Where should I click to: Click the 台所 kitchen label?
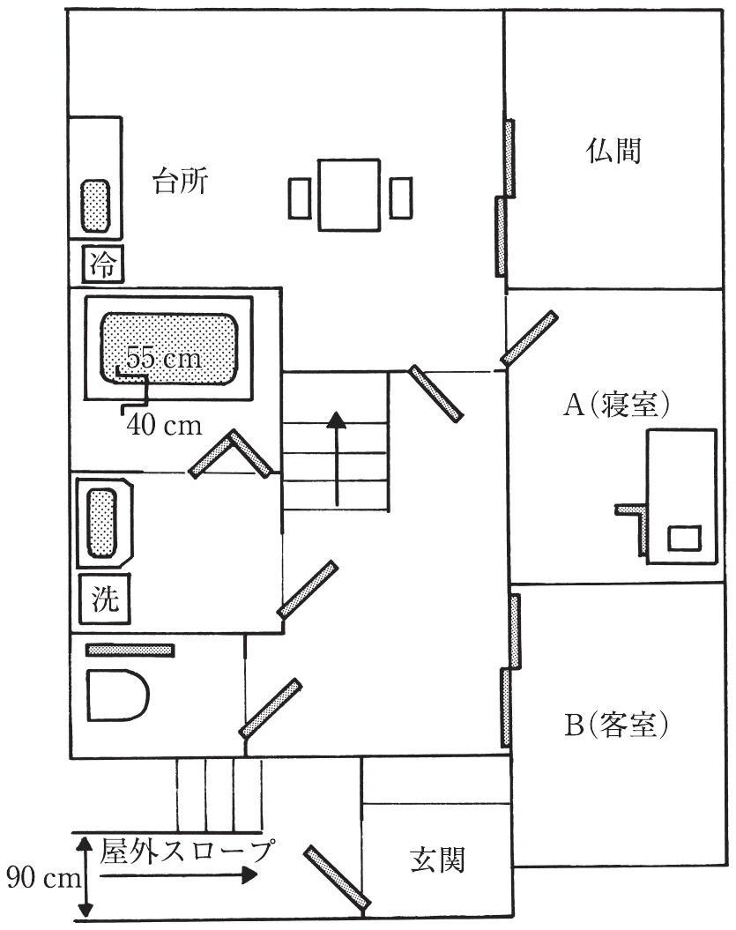(181, 181)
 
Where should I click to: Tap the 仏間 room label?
(613, 151)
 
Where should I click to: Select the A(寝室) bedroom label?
(616, 405)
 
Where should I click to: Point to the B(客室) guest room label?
(616, 724)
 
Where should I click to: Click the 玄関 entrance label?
(437, 859)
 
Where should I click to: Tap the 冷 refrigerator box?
(102, 264)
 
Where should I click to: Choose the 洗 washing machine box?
(104, 599)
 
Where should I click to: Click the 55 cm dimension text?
(164, 358)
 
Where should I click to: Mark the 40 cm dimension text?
(164, 425)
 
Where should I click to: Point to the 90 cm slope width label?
(43, 878)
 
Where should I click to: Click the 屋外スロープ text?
(186, 851)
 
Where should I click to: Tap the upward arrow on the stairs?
(337, 458)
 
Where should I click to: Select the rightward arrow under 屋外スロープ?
(179, 874)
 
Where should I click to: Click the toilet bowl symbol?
(118, 696)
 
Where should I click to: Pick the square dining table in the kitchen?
(349, 195)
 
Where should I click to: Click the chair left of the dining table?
(300, 197)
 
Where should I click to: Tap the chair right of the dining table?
(401, 197)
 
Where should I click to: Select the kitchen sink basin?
(95, 206)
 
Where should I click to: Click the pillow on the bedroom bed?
(684, 538)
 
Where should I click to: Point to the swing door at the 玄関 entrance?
(338, 877)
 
